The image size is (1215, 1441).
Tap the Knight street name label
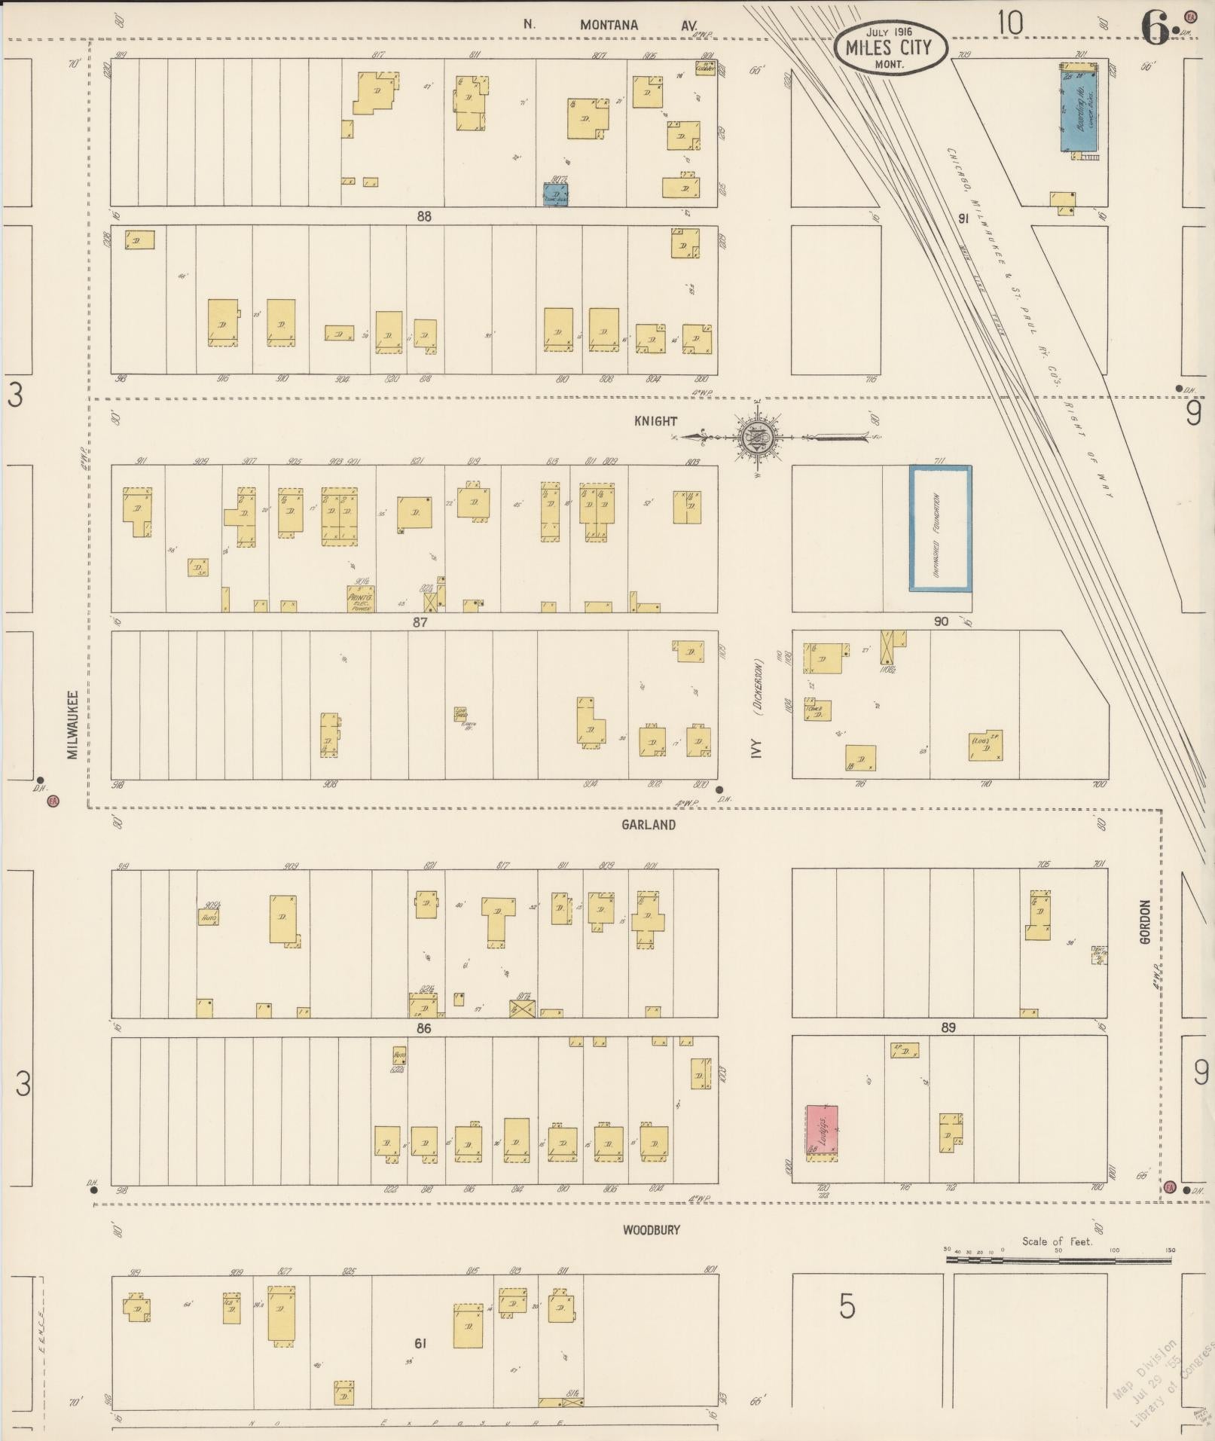655,421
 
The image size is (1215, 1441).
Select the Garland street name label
648,825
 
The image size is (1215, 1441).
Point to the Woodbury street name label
651,1230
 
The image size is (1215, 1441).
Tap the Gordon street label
1146,922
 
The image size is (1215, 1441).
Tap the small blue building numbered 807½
556,194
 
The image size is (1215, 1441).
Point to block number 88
424,216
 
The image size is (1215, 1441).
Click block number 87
420,622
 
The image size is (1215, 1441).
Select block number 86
423,1028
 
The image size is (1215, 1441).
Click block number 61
420,1343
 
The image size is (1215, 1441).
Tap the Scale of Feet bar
1058,1259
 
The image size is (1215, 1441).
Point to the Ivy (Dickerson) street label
757,708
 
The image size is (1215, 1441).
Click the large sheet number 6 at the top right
1155,29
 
